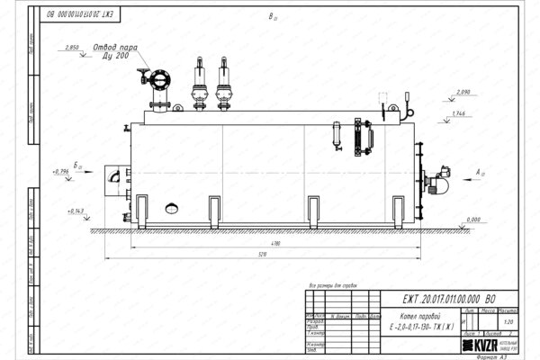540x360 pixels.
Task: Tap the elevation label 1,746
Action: pyautogui.click(x=458, y=113)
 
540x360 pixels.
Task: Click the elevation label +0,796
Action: pyautogui.click(x=61, y=170)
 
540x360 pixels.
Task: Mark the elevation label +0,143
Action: pyautogui.click(x=76, y=210)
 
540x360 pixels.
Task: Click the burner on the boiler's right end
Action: pyautogui.click(x=440, y=180)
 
